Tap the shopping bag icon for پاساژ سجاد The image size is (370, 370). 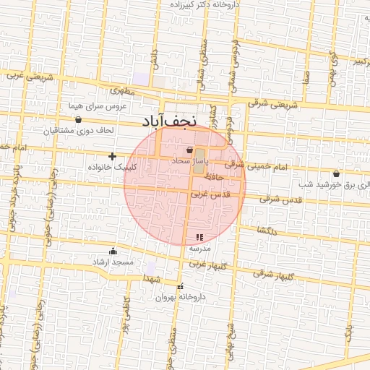[189, 150]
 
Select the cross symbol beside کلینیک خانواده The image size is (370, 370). [112, 156]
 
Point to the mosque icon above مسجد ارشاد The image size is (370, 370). [113, 251]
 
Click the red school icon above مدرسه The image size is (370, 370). [199, 237]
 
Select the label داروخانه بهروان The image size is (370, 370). [180, 297]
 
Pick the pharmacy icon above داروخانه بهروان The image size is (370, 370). [180, 287]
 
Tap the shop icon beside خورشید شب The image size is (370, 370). [336, 173]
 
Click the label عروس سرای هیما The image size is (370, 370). [98, 106]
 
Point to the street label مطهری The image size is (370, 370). [123, 92]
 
